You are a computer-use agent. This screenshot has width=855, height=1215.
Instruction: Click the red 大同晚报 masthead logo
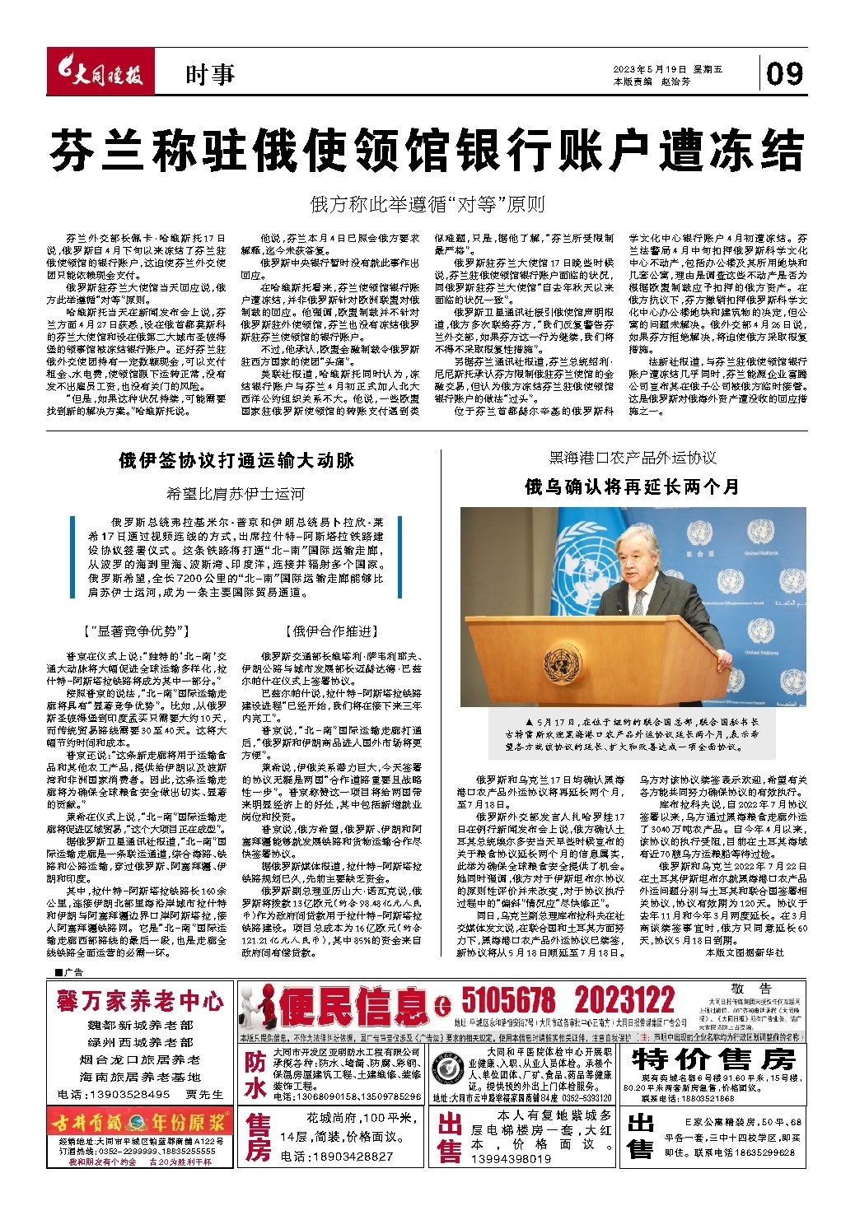(x=98, y=74)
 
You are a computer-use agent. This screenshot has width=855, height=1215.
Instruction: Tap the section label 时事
(x=209, y=75)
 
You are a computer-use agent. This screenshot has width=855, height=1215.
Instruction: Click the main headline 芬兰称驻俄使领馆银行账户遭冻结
(x=427, y=151)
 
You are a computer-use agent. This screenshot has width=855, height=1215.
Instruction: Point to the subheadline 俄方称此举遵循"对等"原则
(x=427, y=203)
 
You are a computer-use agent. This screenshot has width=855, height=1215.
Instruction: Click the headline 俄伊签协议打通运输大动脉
(x=236, y=460)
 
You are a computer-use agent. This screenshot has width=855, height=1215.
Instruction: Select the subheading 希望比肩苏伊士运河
(x=236, y=494)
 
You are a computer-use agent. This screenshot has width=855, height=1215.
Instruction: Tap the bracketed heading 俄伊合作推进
(x=331, y=631)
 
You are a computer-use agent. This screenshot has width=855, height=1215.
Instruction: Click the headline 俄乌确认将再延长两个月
(x=632, y=486)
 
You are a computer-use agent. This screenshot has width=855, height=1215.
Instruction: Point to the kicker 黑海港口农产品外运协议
(x=632, y=458)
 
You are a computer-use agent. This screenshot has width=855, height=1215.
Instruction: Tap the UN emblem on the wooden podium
(x=565, y=661)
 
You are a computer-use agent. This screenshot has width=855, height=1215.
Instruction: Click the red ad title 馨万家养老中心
(x=140, y=1001)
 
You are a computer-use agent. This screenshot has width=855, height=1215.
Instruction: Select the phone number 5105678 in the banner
(x=508, y=1001)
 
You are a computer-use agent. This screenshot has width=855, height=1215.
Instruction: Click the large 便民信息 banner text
(x=354, y=1006)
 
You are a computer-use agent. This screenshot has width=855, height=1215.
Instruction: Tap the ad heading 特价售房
(x=713, y=1059)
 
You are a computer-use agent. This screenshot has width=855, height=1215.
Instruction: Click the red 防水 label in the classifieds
(x=255, y=1076)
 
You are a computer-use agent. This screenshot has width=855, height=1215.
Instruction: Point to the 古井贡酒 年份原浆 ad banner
(x=140, y=1123)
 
